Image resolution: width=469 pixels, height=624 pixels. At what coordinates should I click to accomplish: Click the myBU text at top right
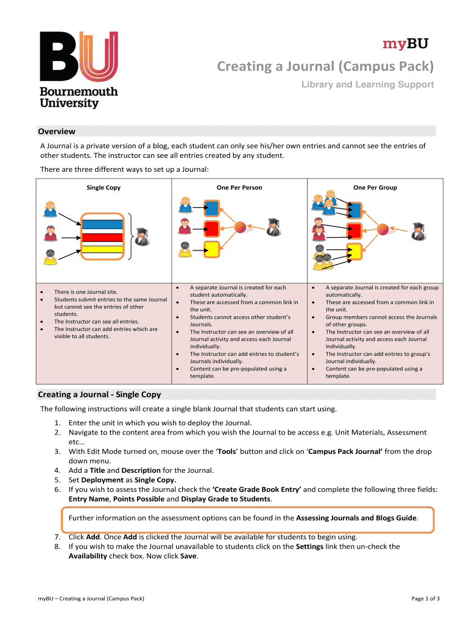tap(405, 43)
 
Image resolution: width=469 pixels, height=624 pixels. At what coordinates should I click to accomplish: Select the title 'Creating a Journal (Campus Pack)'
tap(326, 65)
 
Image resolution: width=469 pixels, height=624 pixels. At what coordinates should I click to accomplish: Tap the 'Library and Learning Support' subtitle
tap(367, 85)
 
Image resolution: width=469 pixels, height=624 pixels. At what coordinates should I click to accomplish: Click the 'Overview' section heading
tap(57, 131)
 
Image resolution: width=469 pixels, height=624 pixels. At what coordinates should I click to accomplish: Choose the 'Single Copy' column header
tap(104, 188)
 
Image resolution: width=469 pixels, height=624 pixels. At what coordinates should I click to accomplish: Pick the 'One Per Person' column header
tap(239, 188)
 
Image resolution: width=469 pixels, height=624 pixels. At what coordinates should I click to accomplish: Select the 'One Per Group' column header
tap(375, 188)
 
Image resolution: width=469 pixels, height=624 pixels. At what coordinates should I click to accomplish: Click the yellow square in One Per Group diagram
tap(354, 250)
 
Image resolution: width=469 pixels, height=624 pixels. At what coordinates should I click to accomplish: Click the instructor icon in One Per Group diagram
tap(417, 231)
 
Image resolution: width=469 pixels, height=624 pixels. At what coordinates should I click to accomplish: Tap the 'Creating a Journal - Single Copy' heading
tap(99, 394)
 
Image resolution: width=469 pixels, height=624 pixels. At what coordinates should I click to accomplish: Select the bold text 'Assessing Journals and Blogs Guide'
tap(356, 518)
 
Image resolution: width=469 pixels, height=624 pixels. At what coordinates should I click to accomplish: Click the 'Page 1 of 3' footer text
tap(425, 598)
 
